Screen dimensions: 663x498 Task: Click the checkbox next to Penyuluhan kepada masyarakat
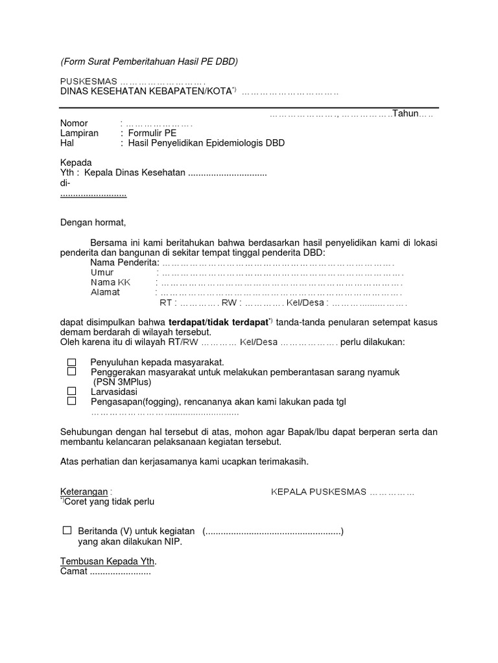72,361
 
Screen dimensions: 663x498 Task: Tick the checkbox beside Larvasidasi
72,391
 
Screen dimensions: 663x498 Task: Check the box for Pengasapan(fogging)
72,401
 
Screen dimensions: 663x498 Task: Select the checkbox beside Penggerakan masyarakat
72,372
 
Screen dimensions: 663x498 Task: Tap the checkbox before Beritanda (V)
67,530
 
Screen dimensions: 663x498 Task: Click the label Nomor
74,123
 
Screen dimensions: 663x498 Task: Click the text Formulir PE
152,133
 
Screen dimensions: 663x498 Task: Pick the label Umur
102,273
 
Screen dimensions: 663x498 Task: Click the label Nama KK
110,282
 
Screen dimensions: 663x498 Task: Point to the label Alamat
106,292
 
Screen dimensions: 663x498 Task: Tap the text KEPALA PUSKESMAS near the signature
318,492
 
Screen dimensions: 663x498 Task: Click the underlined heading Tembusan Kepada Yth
108,561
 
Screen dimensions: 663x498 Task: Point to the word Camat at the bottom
73,571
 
